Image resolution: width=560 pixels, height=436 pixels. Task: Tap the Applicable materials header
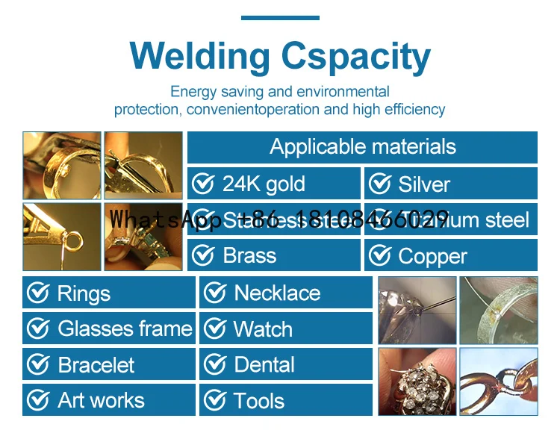[363, 146]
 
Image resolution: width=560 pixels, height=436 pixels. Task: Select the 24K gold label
[264, 184]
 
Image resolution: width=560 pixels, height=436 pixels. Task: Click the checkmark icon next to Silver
[380, 184]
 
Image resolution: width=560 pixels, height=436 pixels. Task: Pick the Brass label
[249, 255]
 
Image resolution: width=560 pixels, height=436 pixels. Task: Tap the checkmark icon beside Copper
[380, 255]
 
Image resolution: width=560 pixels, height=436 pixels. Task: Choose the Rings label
[84, 293]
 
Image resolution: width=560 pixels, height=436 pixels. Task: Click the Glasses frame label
[125, 328]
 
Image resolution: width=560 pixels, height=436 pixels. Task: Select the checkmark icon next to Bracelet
[38, 365]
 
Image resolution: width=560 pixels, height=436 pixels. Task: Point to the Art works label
[101, 401]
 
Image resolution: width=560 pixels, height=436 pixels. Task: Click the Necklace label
[277, 293]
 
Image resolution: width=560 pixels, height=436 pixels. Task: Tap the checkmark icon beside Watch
[215, 328]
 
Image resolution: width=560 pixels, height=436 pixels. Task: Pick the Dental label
[264, 365]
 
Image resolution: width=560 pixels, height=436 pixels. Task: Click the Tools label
[259, 401]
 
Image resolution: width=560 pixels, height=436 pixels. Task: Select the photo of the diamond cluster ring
[417, 381]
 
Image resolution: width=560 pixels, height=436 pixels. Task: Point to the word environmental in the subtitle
[343, 92]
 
